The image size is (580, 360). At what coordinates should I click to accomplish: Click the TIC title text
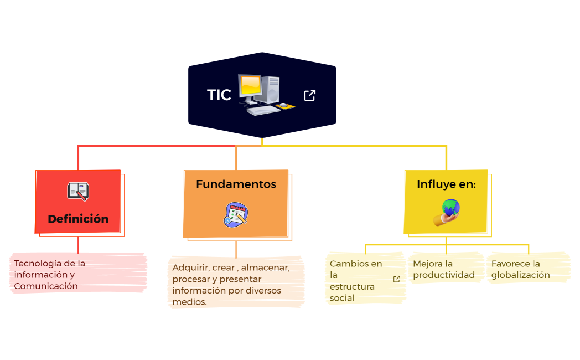tap(219, 95)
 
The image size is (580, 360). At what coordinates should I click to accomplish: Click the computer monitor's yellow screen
tap(251, 85)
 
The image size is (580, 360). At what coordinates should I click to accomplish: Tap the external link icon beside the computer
tap(310, 95)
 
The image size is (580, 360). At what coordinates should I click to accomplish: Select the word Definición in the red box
tap(78, 219)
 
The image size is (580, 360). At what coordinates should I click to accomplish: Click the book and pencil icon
tap(77, 192)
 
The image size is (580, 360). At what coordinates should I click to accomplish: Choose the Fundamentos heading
tap(236, 184)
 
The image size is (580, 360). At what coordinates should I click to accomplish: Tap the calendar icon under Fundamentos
tap(236, 214)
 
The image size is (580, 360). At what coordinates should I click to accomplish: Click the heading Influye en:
tap(446, 184)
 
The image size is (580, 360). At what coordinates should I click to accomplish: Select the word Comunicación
tap(46, 286)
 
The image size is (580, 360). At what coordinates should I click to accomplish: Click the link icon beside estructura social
tap(396, 279)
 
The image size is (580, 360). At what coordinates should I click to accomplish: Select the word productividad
tap(444, 275)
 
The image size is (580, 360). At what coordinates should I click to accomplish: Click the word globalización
tap(521, 275)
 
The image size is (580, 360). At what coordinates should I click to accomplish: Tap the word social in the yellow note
tap(342, 298)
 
